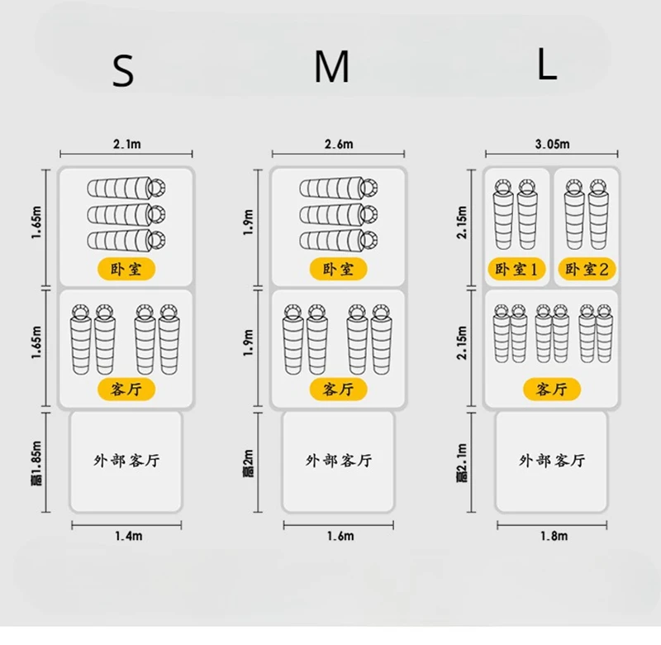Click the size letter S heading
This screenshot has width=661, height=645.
pos(122,73)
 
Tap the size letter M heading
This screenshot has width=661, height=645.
pos(332,69)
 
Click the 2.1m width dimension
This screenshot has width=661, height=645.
pos(126,144)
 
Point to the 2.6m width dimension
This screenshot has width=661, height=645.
pos(338,144)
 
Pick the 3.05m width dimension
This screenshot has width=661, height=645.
pos(552,144)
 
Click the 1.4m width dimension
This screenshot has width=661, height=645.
pos(126,537)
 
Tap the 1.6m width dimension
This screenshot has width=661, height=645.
pos(338,537)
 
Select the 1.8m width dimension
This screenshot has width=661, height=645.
pos(552,537)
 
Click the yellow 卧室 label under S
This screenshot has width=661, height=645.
pos(126,269)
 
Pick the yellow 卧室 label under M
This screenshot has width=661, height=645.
pos(338,269)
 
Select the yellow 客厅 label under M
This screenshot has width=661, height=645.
pos(338,389)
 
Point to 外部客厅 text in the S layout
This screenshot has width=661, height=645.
pos(126,461)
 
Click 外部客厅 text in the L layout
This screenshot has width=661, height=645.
pos(552,461)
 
